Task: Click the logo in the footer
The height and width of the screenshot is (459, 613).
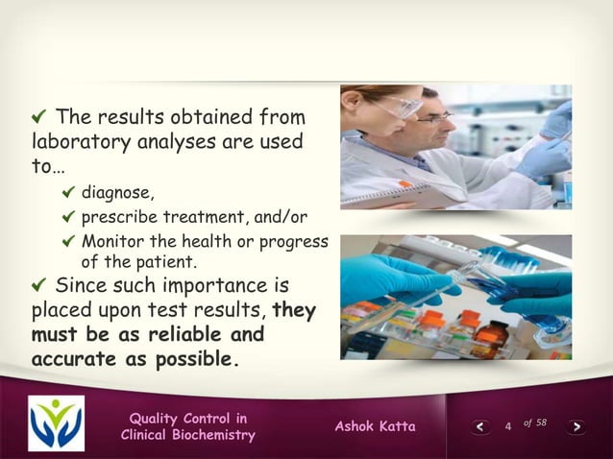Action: coord(55,423)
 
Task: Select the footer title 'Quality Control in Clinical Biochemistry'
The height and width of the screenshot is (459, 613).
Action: coord(188,426)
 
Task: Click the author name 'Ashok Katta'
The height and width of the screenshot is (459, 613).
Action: coord(375,426)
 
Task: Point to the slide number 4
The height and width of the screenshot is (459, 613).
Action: coord(507,426)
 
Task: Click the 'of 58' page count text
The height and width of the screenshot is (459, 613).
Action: coord(534,423)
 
